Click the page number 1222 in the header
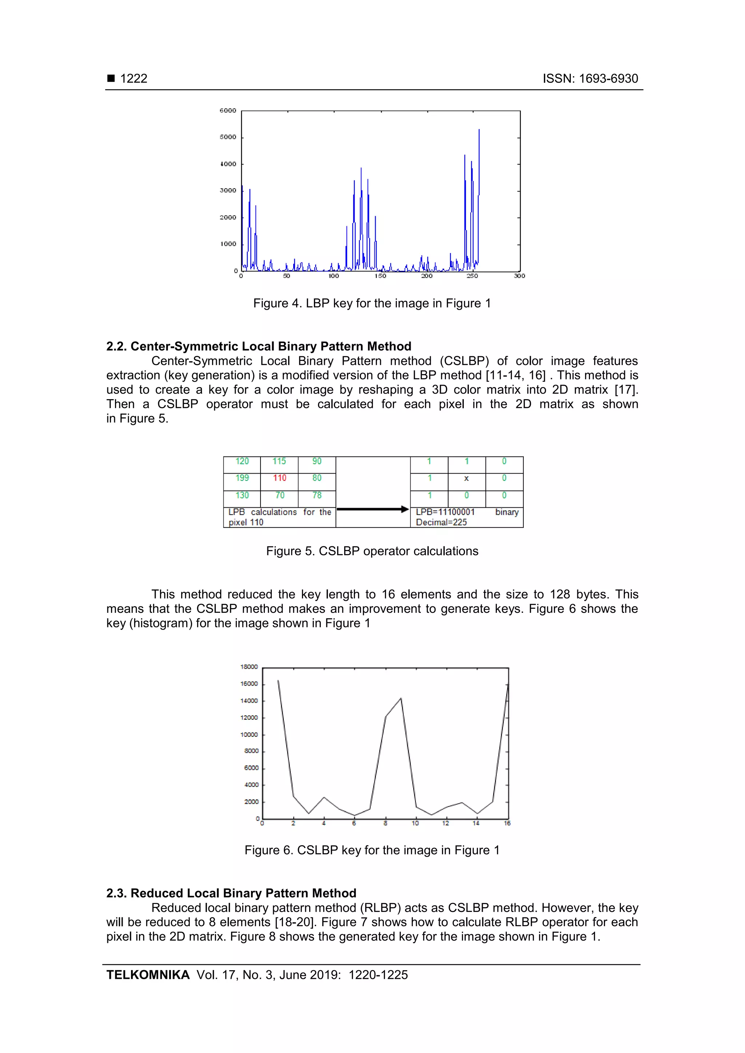tap(133, 79)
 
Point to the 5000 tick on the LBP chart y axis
tap(228, 137)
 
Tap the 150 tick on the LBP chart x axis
tap(380, 276)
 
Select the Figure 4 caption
tap(372, 303)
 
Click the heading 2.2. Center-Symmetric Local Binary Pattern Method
tap(258, 346)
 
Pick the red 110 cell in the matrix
tap(279, 478)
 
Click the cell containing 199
tap(242, 478)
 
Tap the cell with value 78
tap(317, 495)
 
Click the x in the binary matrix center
tap(466, 478)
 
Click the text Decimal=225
tap(441, 522)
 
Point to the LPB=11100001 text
tap(445, 512)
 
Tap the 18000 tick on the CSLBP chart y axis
tap(249, 667)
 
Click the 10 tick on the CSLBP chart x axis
tap(415, 823)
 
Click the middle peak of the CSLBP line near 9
tap(401, 699)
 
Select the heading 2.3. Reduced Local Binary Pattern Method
tap(231, 893)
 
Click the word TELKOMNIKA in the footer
tap(148, 974)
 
